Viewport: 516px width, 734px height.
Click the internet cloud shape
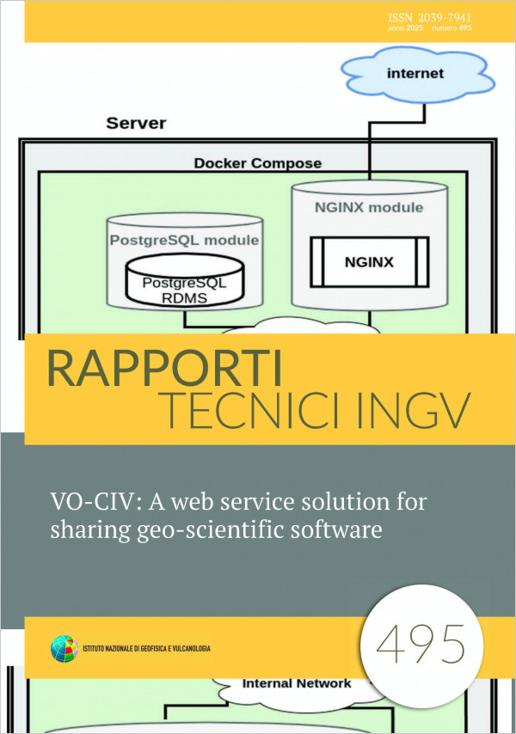[x=417, y=75]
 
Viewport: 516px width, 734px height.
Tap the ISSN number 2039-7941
[x=445, y=18]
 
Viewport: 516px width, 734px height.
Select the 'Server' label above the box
[x=136, y=123]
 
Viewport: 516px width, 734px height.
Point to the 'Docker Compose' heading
[x=258, y=163]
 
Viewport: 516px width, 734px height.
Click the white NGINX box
[x=370, y=261]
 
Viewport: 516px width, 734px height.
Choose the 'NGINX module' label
[x=369, y=207]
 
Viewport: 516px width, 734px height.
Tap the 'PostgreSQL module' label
[x=184, y=240]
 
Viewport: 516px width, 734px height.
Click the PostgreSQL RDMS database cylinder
[x=185, y=281]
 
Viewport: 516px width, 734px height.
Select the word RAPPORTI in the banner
[x=165, y=369]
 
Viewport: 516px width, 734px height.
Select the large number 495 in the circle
[x=421, y=645]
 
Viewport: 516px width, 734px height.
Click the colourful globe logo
[x=64, y=649]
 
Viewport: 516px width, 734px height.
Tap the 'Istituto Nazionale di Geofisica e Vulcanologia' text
[x=146, y=649]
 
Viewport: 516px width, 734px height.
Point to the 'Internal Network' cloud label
[x=297, y=684]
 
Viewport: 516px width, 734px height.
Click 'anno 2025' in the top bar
[x=406, y=28]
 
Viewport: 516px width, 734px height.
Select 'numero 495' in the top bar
[x=451, y=28]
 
